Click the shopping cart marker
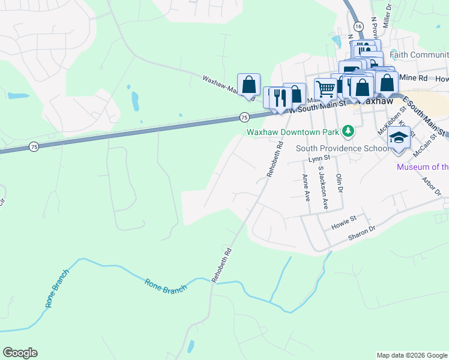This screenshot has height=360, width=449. click(325, 88)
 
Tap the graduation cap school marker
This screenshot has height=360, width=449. click(399, 137)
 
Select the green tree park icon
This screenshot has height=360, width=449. click(348, 131)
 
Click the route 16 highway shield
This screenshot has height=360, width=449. click(358, 27)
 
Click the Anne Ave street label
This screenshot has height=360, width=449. click(306, 187)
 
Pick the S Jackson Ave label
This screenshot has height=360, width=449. click(324, 188)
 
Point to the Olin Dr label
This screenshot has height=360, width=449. click(339, 182)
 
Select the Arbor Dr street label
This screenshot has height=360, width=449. click(431, 185)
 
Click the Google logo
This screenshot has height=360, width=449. click(20, 353)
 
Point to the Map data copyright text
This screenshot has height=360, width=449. click(411, 355)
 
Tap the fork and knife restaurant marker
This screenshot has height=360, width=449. click(279, 98)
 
